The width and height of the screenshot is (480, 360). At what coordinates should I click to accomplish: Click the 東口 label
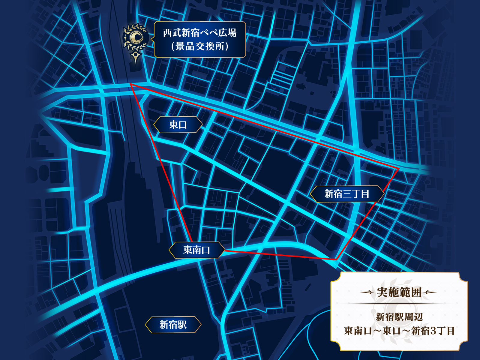pyautogui.click(x=178, y=124)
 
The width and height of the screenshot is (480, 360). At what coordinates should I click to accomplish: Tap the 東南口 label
pyautogui.click(x=196, y=250)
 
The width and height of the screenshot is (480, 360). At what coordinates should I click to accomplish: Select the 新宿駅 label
pyautogui.click(x=173, y=325)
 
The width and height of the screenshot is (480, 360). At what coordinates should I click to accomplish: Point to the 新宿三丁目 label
pyautogui.click(x=347, y=194)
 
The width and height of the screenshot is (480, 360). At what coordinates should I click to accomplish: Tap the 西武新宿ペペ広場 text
pyautogui.click(x=199, y=33)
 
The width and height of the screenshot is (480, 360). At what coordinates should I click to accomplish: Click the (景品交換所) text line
pyautogui.click(x=199, y=46)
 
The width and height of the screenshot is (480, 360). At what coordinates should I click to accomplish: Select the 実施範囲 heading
pyautogui.click(x=399, y=292)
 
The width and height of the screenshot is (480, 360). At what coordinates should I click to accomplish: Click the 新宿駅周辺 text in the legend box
pyautogui.click(x=399, y=317)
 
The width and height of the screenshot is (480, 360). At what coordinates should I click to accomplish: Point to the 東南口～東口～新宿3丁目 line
pyautogui.click(x=399, y=331)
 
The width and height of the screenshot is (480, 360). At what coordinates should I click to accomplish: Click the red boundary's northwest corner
pyautogui.click(x=131, y=84)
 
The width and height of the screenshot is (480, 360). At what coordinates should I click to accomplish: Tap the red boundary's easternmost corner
pyautogui.click(x=398, y=169)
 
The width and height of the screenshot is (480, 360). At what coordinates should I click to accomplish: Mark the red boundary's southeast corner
pyautogui.click(x=336, y=259)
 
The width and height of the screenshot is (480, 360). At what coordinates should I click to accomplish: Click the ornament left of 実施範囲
pyautogui.click(x=367, y=292)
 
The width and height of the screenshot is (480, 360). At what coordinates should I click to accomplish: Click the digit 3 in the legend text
pyautogui.click(x=433, y=331)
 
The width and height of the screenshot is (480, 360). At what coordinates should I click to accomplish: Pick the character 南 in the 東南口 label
pyautogui.click(x=196, y=250)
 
